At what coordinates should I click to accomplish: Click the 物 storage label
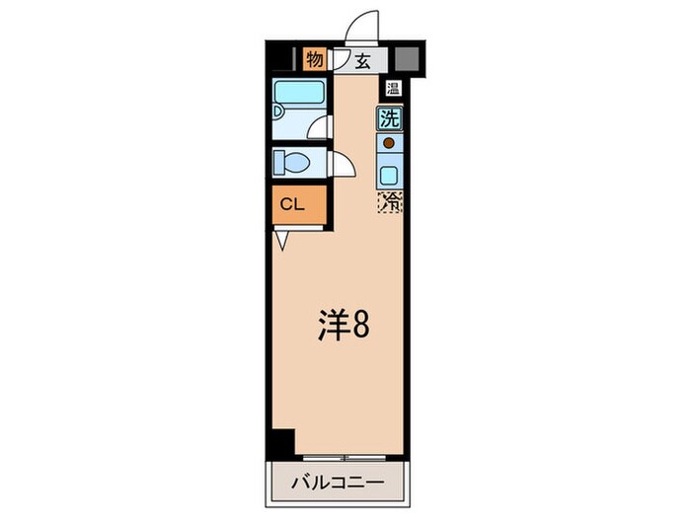pos(314,59)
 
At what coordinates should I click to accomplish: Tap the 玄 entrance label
pos(362,61)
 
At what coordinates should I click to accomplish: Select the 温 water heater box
pos(393,88)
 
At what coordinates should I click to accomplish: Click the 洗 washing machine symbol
pos(390,118)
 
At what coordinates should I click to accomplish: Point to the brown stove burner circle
pos(389,143)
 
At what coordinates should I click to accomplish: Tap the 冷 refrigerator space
pos(390,202)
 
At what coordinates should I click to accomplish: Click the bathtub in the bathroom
pos(299,92)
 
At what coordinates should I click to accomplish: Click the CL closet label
pos(292,204)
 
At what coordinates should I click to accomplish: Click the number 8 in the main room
pos(360,325)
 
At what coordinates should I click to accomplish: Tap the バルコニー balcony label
pos(338,482)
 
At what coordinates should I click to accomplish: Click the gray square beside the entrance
pos(407,59)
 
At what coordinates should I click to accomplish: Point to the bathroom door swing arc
pos(318,127)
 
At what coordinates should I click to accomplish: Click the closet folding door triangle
pos(281,241)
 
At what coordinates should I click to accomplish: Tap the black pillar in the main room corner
pos(283,444)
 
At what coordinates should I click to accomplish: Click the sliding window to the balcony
pos(345,458)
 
